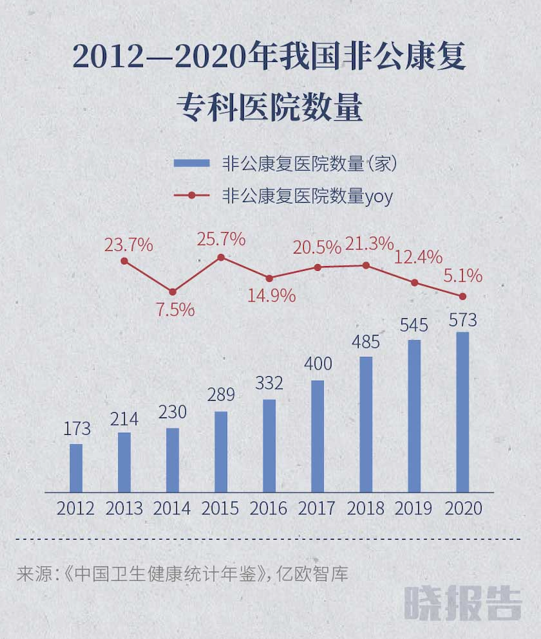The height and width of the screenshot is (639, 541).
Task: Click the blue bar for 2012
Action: [76, 468]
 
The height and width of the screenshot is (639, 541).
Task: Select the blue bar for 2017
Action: [317, 436]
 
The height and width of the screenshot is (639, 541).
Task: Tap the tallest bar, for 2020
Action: [462, 412]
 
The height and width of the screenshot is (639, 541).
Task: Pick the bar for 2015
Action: [221, 452]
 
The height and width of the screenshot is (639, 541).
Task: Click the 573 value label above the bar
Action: [462, 320]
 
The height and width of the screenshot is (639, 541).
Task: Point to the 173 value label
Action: [75, 429]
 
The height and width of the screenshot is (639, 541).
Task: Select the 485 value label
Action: [365, 343]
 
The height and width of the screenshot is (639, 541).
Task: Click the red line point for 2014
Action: [172, 291]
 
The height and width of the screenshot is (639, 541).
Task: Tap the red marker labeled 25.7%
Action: [221, 257]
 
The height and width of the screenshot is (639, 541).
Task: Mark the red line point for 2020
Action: [462, 296]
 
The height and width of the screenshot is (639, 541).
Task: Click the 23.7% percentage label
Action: [128, 245]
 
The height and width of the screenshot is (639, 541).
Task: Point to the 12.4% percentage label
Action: [418, 257]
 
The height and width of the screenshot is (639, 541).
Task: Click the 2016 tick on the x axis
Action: [269, 508]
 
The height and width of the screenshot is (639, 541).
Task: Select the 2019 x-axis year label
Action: [414, 508]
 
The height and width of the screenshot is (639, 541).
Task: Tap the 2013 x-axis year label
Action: [124, 508]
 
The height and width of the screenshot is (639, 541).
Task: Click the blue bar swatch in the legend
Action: [193, 163]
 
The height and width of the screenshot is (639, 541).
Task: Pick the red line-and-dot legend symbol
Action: [192, 195]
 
